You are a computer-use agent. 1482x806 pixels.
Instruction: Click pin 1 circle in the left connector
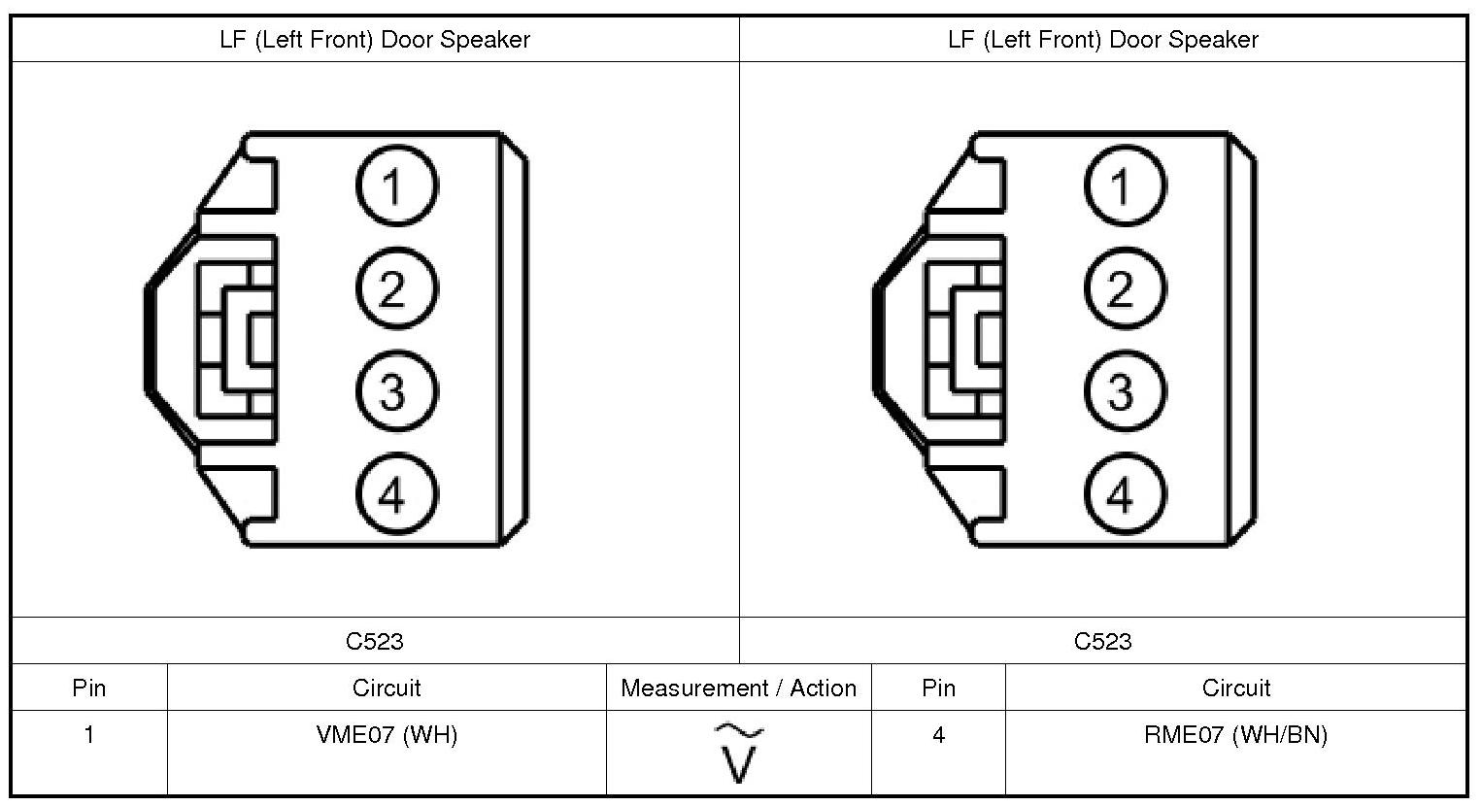396,185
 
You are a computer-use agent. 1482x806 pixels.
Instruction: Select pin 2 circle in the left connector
396,288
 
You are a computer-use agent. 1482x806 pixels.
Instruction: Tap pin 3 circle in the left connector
396,391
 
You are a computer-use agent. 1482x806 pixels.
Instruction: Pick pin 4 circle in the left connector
396,494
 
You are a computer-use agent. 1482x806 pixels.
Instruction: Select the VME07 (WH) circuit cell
387,735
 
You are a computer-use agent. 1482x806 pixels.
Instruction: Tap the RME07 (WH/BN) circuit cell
1235,735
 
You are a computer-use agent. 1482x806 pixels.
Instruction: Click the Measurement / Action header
739,688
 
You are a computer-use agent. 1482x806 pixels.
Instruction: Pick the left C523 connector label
375,642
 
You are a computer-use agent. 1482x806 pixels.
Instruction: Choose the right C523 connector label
1103,642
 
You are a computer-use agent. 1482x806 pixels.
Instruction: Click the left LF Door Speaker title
375,40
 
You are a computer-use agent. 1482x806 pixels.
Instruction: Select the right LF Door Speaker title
1103,40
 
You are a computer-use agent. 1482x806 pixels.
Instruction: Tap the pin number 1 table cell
89,735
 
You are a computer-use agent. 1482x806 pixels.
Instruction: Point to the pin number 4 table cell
938,735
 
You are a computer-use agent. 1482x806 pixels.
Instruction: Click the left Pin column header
89,688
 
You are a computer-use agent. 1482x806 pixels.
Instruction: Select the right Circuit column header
1235,688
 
